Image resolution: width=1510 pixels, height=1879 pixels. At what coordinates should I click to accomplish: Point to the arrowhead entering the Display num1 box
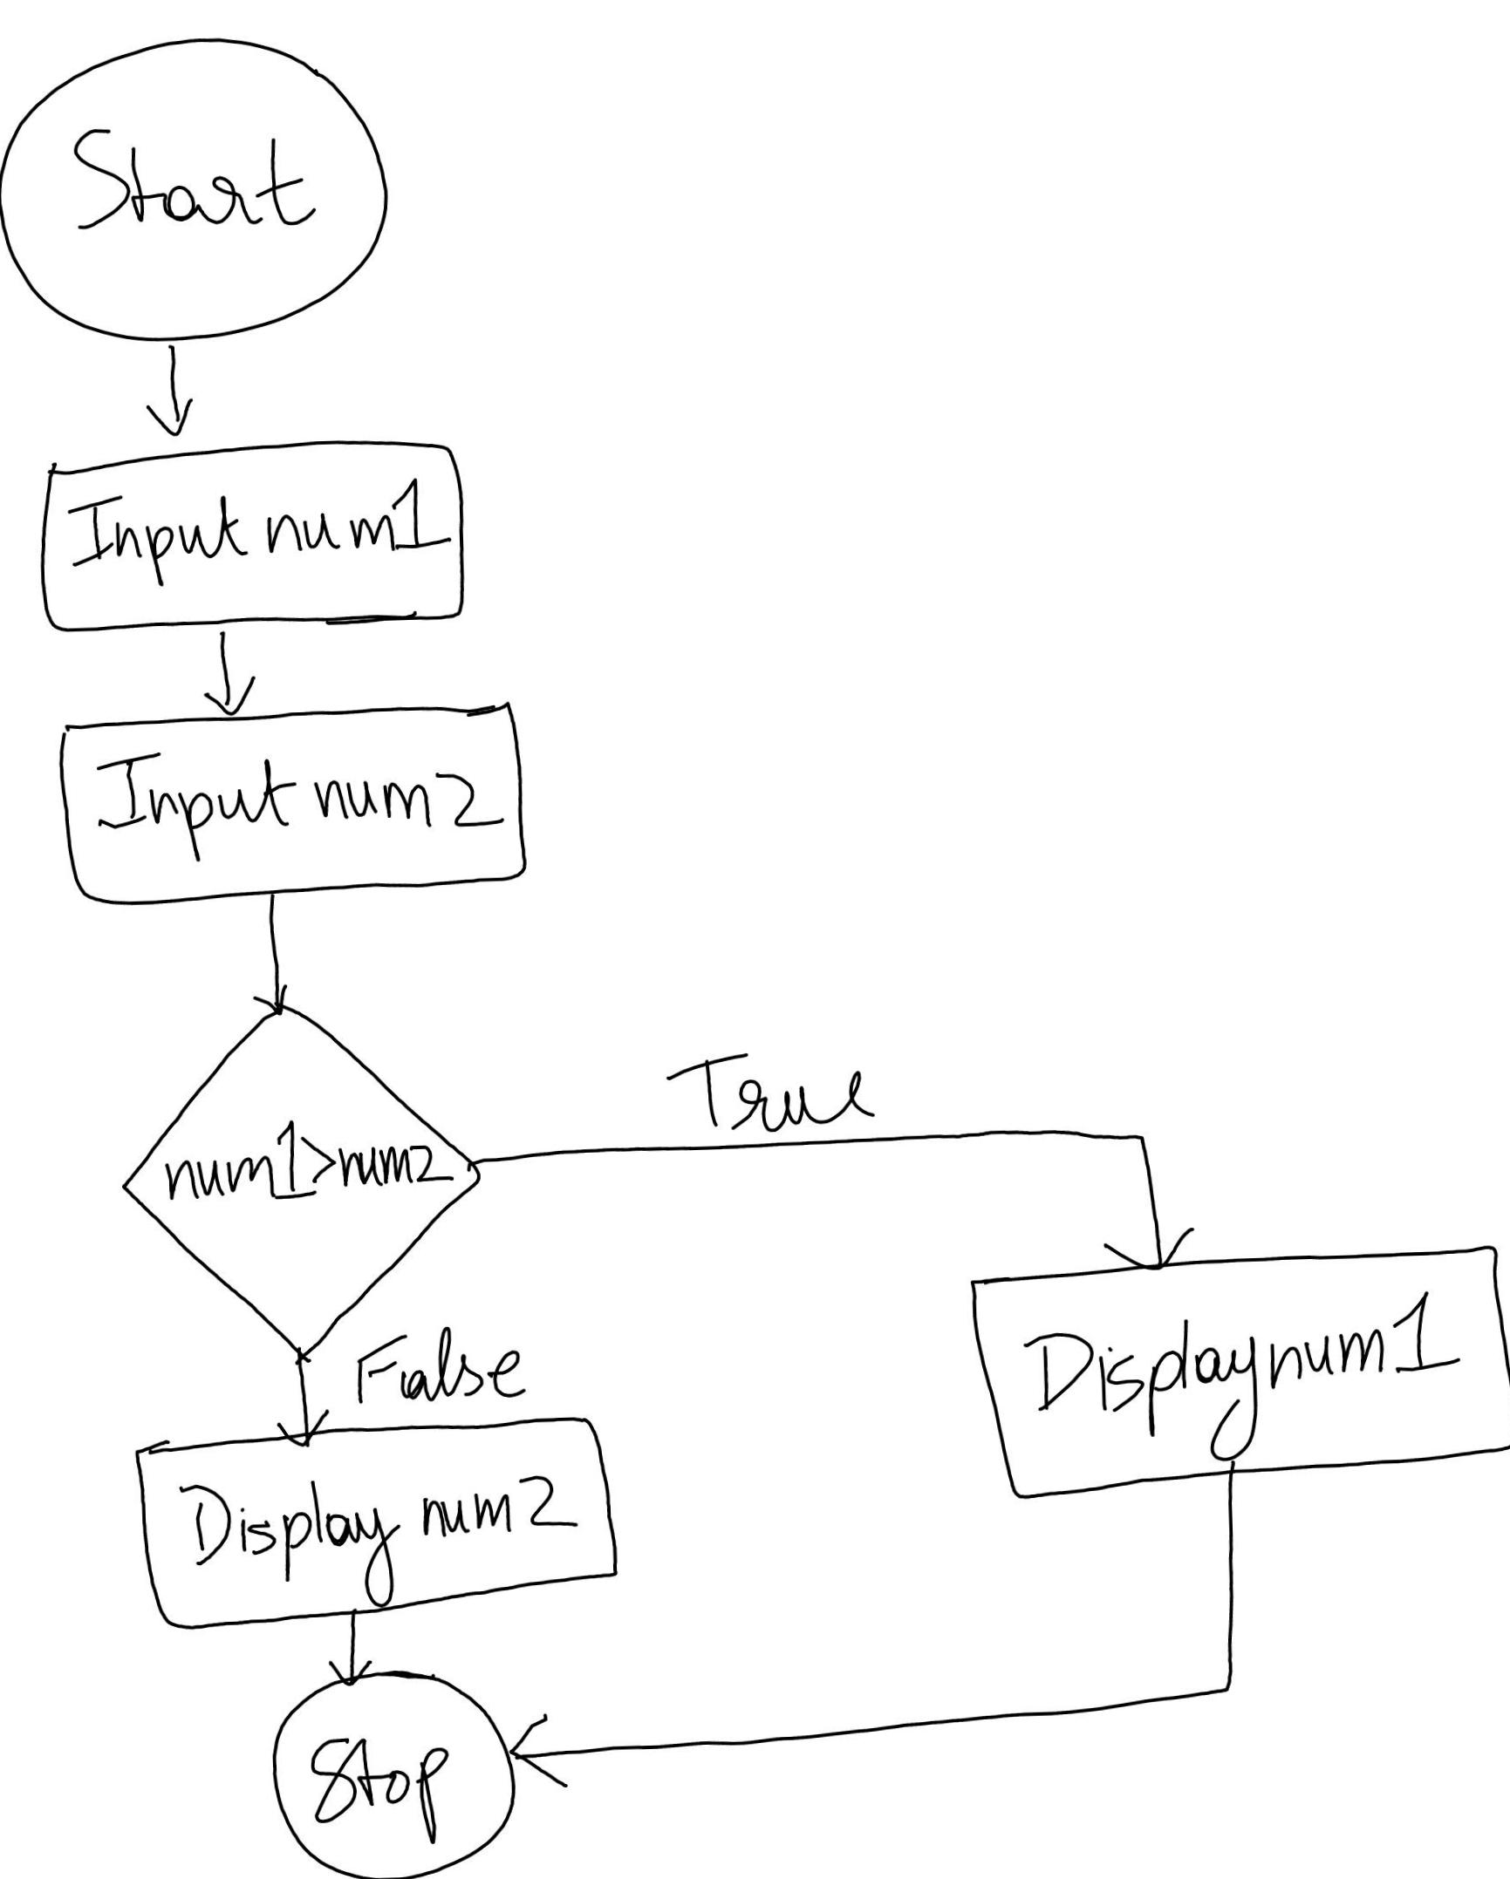(1157, 1256)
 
